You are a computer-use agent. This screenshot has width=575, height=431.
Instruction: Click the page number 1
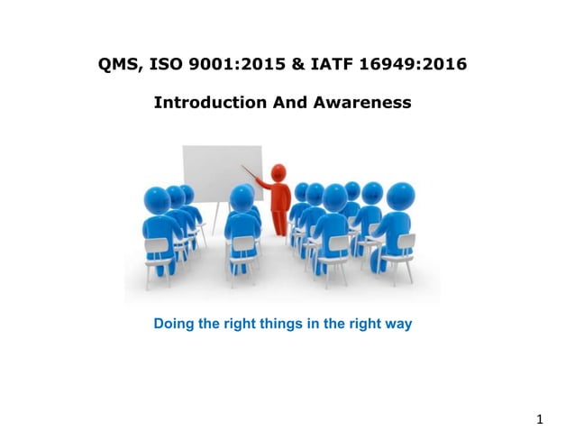540,417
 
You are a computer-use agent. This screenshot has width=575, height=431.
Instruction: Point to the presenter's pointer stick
254,175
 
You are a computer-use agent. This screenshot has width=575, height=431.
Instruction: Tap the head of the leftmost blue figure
158,198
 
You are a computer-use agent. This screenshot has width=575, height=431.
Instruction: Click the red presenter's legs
281,221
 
